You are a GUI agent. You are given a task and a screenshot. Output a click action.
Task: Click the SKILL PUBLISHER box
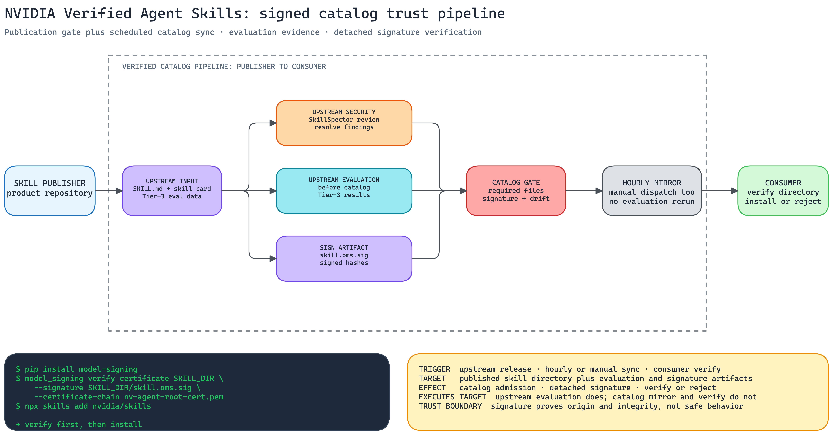50,191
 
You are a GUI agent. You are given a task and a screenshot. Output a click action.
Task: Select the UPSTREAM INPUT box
172,191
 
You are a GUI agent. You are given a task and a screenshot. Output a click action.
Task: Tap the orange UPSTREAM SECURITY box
344,123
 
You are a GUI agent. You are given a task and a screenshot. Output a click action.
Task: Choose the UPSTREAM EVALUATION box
344,191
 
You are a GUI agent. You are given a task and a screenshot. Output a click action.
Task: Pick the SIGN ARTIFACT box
344,259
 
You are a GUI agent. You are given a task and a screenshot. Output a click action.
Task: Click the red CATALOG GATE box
516,191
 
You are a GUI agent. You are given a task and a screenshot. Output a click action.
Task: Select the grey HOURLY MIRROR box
652,191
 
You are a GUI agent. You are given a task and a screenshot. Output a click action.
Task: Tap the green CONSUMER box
783,191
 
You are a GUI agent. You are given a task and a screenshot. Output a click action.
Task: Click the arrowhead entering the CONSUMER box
735,191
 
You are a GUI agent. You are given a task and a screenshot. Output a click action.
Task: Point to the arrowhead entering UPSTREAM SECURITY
273,123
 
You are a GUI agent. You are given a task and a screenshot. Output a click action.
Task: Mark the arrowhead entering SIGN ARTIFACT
273,259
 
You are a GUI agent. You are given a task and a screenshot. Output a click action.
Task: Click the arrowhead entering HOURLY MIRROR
599,191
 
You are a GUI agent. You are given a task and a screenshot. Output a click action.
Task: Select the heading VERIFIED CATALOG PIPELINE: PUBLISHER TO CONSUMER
224,66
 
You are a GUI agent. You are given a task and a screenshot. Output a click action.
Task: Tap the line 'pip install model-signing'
77,369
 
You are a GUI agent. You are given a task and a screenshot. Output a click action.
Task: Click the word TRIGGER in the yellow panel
435,369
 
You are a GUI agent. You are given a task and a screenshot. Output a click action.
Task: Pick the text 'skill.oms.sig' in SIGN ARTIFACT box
344,255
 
